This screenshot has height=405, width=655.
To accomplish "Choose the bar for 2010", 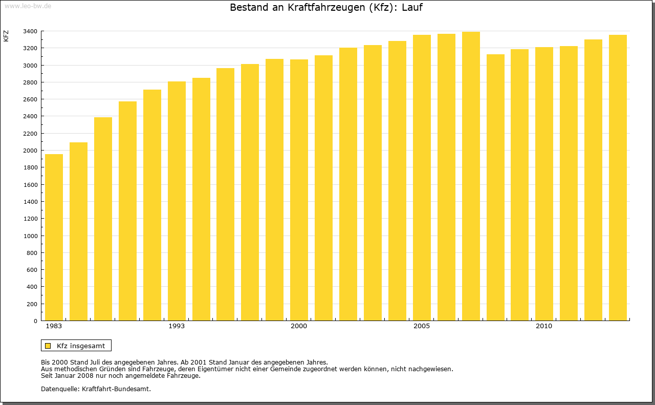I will pyautogui.click(x=544, y=184).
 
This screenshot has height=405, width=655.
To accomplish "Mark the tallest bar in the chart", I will pyautogui.click(x=471, y=176).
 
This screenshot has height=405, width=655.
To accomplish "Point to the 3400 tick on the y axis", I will pyautogui.click(x=30, y=31).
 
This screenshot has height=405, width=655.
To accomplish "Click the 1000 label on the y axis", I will pyautogui.click(x=30, y=236).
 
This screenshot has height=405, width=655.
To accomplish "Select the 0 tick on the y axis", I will pyautogui.click(x=35, y=321).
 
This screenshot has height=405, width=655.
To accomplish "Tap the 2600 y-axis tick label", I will pyautogui.click(x=30, y=99).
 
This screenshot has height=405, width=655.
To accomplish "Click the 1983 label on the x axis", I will pyautogui.click(x=54, y=326).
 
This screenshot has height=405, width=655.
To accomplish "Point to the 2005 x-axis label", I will pyautogui.click(x=422, y=326).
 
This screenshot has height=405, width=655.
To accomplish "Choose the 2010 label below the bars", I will pyautogui.click(x=544, y=326).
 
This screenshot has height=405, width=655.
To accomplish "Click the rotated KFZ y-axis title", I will pyautogui.click(x=6, y=36).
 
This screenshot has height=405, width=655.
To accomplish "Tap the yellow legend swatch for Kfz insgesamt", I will pyautogui.click(x=48, y=346).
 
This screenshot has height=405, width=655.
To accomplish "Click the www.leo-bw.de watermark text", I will pyautogui.click(x=27, y=5).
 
